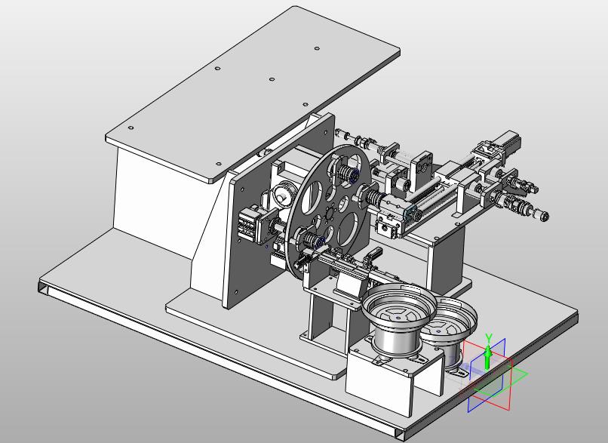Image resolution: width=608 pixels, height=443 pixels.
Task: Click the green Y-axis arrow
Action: coord(488,357)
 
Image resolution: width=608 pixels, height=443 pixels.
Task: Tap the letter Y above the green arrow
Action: coord(489,338)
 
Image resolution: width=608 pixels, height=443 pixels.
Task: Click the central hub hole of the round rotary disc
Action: coord(330,214)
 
